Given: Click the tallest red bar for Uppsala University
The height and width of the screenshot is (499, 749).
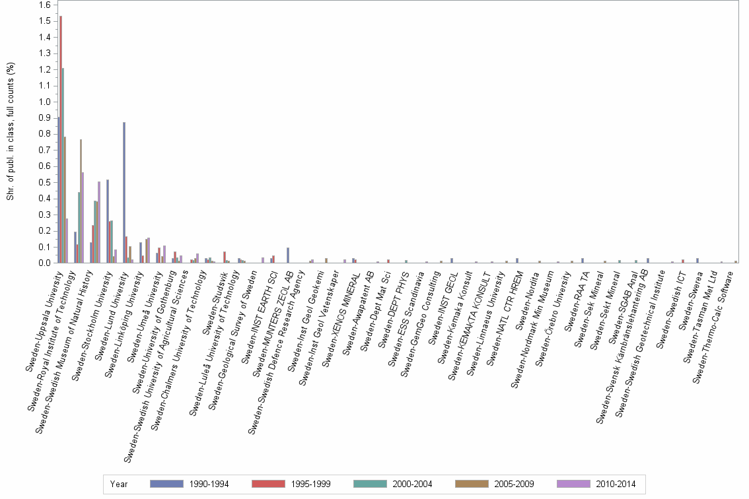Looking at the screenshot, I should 61,139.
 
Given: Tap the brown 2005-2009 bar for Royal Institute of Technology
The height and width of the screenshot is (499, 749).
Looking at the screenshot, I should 81,201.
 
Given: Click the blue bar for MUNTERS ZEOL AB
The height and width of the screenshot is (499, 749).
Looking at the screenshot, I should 288,255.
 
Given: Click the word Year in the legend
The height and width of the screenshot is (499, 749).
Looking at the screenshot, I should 120,484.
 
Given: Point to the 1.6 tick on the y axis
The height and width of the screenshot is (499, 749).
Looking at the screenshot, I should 44,5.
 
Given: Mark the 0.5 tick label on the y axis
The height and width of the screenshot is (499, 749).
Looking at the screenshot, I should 44,182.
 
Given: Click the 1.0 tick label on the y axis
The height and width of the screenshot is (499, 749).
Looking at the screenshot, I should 44,102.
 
